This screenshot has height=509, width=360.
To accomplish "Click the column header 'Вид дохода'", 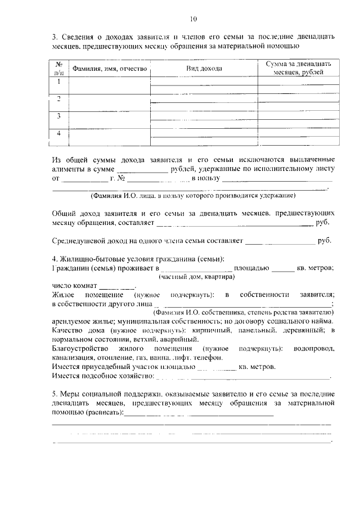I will [x=204, y=69].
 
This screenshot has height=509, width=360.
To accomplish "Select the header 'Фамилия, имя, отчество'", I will [x=109, y=69].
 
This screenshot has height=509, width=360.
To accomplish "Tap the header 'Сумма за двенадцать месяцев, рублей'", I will [x=298, y=68].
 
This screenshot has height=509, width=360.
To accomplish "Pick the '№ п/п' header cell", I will [x=58, y=68].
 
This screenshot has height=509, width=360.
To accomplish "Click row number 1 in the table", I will [x=58, y=82].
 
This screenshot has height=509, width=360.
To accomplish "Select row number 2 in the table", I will [x=58, y=99].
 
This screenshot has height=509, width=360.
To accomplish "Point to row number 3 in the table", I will [x=58, y=116].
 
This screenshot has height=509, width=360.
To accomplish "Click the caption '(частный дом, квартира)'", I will [x=196, y=277].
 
